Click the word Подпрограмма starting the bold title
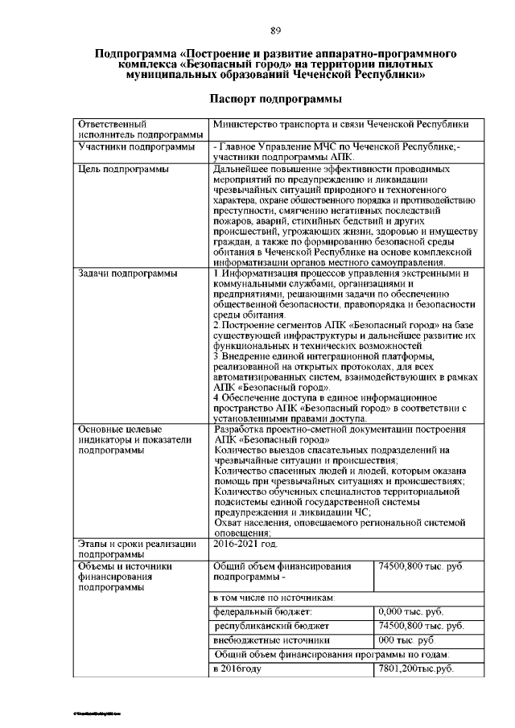click(x=133, y=54)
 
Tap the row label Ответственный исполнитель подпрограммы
click(x=138, y=130)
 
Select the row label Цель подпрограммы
click(x=122, y=170)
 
